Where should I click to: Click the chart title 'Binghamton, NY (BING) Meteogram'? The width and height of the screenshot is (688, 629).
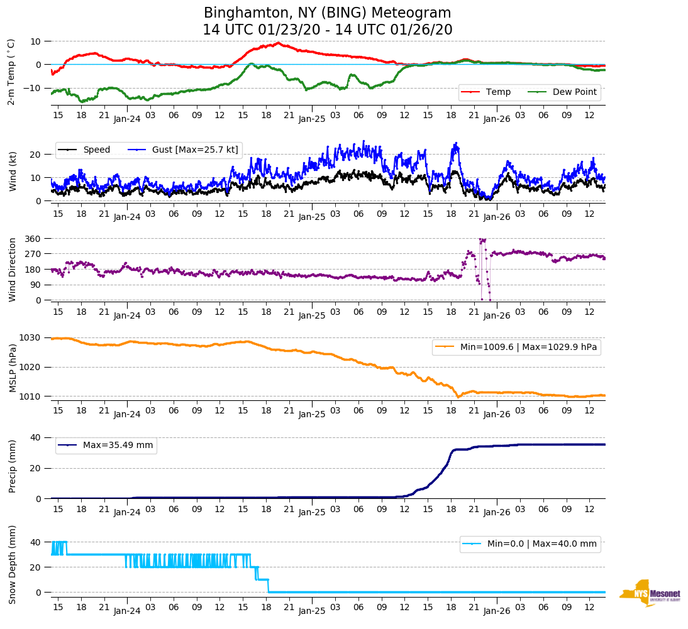click(327, 13)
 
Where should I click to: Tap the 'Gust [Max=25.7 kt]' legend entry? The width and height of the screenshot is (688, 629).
click(195, 150)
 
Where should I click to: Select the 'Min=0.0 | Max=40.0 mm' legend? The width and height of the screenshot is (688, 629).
click(541, 544)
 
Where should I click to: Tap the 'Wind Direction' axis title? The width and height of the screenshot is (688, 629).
click(13, 269)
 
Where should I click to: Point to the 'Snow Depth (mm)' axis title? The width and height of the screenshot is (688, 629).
click(13, 564)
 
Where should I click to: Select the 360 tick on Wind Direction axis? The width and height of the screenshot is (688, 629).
click(33, 239)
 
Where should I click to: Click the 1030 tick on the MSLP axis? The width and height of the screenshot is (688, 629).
click(31, 338)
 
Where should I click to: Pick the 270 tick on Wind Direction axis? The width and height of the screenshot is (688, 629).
click(33, 254)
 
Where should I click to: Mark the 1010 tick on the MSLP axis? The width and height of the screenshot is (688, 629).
click(31, 397)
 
